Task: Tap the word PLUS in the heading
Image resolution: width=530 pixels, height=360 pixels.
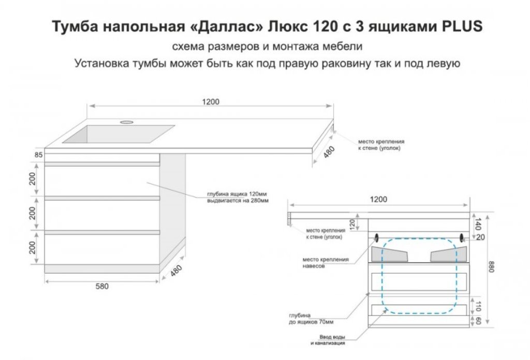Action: pyautogui.click(x=462, y=26)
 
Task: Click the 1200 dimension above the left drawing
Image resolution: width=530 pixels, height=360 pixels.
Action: pyautogui.click(x=211, y=102)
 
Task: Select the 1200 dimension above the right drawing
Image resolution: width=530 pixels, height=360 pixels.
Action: pyautogui.click(x=378, y=199)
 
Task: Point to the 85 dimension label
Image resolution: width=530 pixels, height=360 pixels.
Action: pyautogui.click(x=38, y=155)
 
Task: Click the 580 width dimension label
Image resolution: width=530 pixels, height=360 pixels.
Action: pyautogui.click(x=102, y=287)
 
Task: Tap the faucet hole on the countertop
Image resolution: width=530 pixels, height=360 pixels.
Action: pyautogui.click(x=127, y=122)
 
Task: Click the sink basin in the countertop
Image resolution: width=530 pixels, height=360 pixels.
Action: pyautogui.click(x=119, y=134)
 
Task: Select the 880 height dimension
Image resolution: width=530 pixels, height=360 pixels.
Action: pyautogui.click(x=491, y=267)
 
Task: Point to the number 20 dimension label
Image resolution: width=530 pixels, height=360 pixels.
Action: pyautogui.click(x=480, y=237)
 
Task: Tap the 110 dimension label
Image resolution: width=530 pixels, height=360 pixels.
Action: pyautogui.click(x=478, y=306)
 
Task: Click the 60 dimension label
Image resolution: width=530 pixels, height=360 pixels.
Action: pyautogui.click(x=478, y=321)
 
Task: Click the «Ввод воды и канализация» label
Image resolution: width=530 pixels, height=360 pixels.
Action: pyautogui.click(x=328, y=340)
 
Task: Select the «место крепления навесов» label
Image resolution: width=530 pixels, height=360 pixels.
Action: pyautogui.click(x=325, y=263)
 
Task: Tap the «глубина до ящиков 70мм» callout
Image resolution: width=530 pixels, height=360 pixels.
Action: pyautogui.click(x=311, y=319)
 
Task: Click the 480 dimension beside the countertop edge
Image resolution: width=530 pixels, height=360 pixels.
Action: pyautogui.click(x=329, y=152)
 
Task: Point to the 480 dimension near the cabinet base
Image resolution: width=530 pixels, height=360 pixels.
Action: pyautogui.click(x=176, y=271)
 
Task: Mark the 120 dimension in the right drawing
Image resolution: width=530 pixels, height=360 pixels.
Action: pyautogui.click(x=352, y=224)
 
